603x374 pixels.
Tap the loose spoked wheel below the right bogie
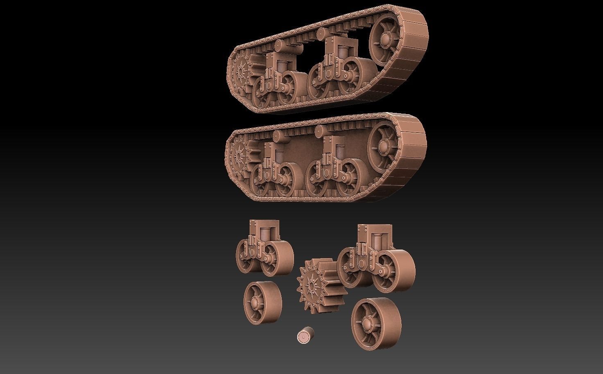[376, 324]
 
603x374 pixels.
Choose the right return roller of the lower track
[320, 131]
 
